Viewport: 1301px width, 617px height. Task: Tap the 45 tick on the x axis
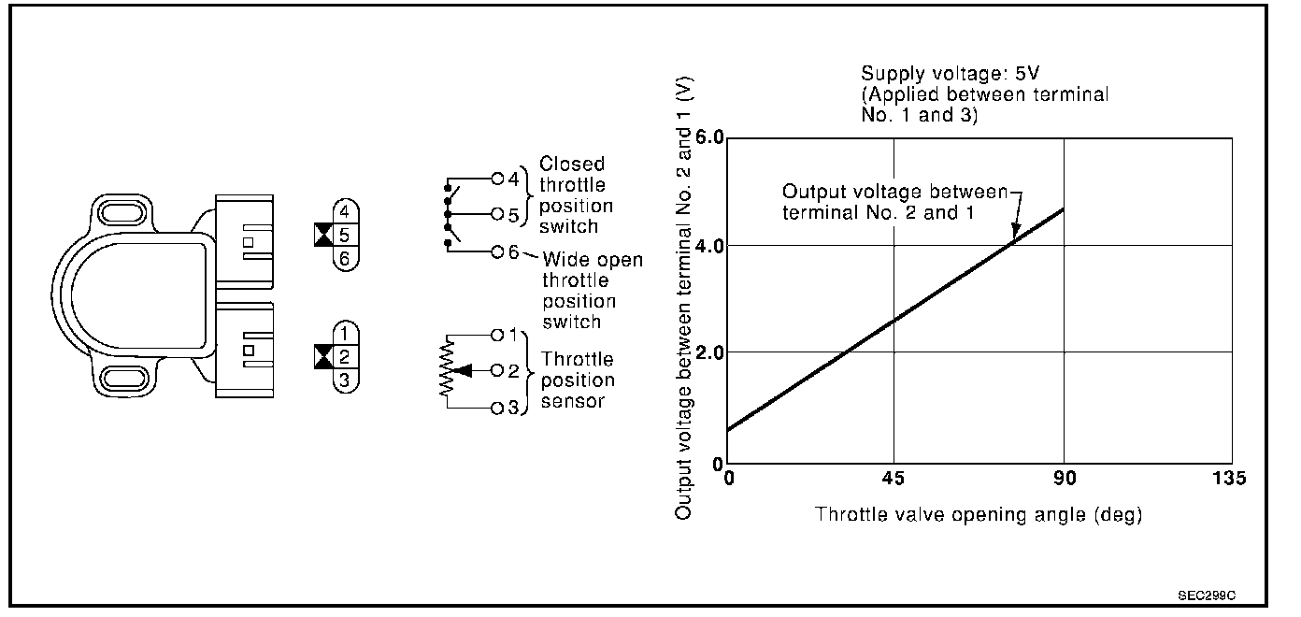click(x=894, y=479)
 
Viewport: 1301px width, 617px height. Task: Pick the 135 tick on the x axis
click(x=1229, y=479)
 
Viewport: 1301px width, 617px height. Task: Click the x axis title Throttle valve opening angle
click(x=979, y=514)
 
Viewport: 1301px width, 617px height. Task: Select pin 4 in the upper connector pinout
click(x=344, y=212)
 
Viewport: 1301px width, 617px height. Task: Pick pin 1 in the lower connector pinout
click(x=344, y=332)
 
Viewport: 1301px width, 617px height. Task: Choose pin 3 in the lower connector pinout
click(x=344, y=380)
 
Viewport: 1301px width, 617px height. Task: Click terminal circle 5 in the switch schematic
click(x=497, y=214)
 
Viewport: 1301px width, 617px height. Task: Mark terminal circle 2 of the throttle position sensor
click(x=497, y=371)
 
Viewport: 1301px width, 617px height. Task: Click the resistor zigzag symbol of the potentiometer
click(x=448, y=371)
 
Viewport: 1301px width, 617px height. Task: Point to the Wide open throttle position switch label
click(x=592, y=290)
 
